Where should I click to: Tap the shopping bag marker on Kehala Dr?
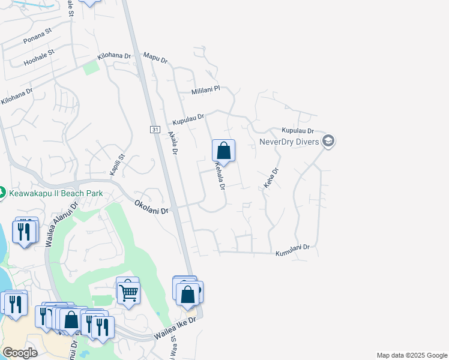click(223, 151)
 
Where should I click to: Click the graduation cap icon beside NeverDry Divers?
click(328, 142)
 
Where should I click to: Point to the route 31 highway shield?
click(154, 129)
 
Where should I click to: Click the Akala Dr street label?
click(173, 143)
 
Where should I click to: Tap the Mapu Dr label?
click(155, 58)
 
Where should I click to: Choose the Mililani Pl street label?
click(206, 91)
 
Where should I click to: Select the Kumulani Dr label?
click(292, 251)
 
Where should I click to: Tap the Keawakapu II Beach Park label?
click(56, 193)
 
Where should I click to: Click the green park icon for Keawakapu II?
click(2, 193)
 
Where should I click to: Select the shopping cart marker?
click(128, 293)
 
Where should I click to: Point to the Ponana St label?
click(38, 40)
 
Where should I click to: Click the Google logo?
click(20, 353)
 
